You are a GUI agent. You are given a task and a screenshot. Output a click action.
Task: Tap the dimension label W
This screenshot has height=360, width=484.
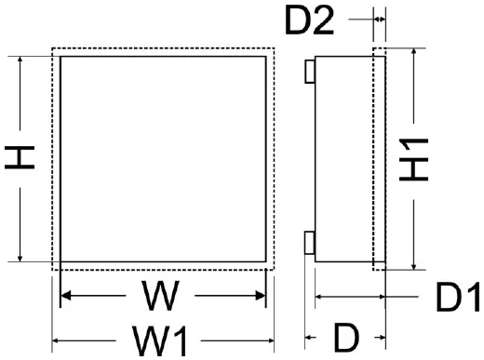pyautogui.click(x=162, y=298)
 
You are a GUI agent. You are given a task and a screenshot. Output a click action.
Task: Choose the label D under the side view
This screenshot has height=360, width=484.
pyautogui.click(x=345, y=336)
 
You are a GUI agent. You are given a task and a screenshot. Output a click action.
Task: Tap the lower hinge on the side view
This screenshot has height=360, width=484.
pyautogui.click(x=310, y=243)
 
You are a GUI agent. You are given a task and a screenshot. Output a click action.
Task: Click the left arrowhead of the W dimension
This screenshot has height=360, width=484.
pyautogui.click(x=65, y=298)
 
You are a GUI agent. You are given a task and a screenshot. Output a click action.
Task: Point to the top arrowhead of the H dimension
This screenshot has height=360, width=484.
pyautogui.click(x=20, y=60)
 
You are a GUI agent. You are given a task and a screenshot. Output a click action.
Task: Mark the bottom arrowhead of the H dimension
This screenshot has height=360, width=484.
pyautogui.click(x=20, y=258)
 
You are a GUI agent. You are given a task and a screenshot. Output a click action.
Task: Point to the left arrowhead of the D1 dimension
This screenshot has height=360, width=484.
pyautogui.click(x=321, y=298)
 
